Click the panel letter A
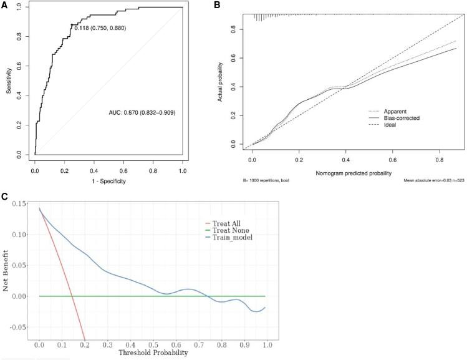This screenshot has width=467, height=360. click(5, 5)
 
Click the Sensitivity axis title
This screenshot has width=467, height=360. click(9, 81)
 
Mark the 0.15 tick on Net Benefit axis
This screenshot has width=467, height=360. click(22, 205)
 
